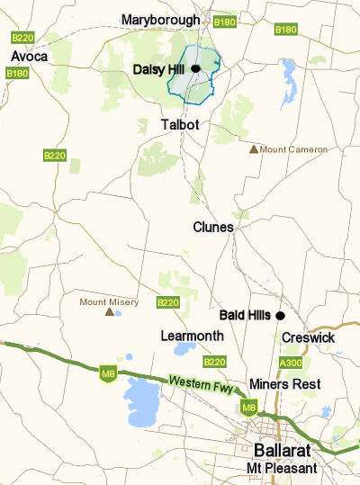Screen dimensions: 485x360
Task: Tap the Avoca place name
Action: tap(29, 56)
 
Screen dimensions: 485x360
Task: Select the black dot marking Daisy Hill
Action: tap(194, 68)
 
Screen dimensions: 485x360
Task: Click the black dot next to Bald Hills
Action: tap(280, 315)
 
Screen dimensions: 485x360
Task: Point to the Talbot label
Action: tap(178, 124)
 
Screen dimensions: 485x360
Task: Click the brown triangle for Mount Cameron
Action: tap(255, 148)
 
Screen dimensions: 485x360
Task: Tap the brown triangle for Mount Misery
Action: tap(110, 312)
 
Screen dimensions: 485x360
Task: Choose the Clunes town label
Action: tap(212, 228)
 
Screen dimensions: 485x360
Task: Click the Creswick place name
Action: tap(308, 337)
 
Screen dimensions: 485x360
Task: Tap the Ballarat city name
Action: tap(285, 450)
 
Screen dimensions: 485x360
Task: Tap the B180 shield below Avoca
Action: tap(17, 73)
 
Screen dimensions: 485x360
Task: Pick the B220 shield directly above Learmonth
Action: tap(168, 303)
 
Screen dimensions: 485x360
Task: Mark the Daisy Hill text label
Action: tap(159, 68)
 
